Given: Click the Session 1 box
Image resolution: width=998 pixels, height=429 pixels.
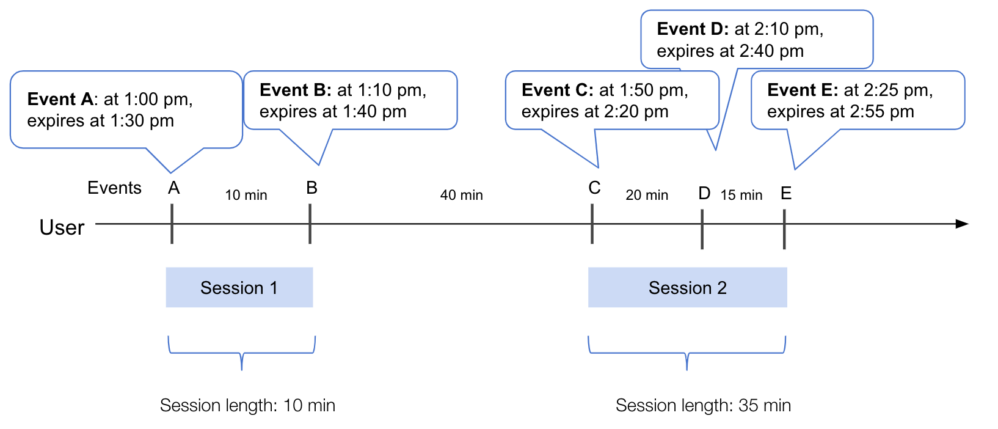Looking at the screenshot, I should (x=239, y=287).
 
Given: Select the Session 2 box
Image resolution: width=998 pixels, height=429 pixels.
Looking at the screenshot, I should (x=687, y=287).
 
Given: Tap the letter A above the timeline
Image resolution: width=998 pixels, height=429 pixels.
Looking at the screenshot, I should (x=174, y=188).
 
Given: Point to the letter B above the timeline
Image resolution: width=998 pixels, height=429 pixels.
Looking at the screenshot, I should (x=311, y=188).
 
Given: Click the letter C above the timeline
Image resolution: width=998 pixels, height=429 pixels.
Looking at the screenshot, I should (x=594, y=188).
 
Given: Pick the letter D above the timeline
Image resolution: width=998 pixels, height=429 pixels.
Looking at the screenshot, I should (x=704, y=194).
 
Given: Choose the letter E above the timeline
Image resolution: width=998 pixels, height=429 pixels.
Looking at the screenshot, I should (x=786, y=194).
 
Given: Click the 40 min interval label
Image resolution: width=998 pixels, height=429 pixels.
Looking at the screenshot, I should (x=461, y=196).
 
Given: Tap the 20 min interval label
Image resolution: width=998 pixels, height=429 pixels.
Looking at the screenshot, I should (x=647, y=196).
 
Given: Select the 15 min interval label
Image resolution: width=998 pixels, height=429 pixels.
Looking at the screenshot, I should (x=741, y=196).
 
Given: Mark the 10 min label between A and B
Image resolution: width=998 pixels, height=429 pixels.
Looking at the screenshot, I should (x=246, y=196).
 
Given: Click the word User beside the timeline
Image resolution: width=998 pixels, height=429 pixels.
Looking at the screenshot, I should (x=62, y=227).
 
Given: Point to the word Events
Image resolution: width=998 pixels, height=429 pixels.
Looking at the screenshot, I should (x=114, y=188).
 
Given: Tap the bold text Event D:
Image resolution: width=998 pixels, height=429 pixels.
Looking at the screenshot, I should (x=693, y=29).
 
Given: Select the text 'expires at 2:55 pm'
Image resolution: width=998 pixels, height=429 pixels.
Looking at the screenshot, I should (x=840, y=112).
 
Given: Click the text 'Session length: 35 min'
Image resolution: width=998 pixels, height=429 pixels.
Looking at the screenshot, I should (x=703, y=406).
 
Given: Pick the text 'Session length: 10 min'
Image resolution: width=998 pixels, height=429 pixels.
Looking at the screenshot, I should (x=247, y=406).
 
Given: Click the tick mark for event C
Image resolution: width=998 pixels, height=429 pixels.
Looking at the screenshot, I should (x=592, y=224).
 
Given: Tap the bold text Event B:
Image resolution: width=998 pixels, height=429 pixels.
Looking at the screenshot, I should (x=296, y=90).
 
